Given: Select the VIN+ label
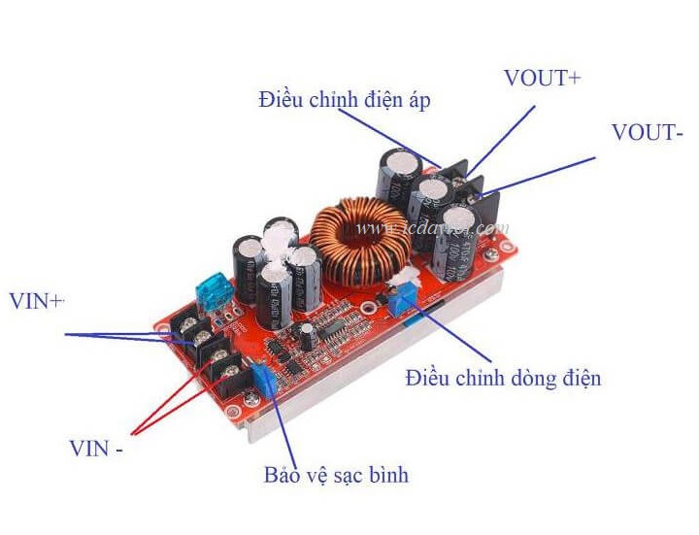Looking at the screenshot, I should [x=36, y=301].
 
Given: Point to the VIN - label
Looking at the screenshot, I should [x=96, y=449].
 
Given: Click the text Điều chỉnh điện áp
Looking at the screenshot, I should [x=344, y=99].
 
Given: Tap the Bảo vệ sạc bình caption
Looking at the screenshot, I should [x=336, y=475].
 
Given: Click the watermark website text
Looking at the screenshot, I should [x=433, y=229].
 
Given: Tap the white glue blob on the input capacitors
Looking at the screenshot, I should [x=283, y=243].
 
